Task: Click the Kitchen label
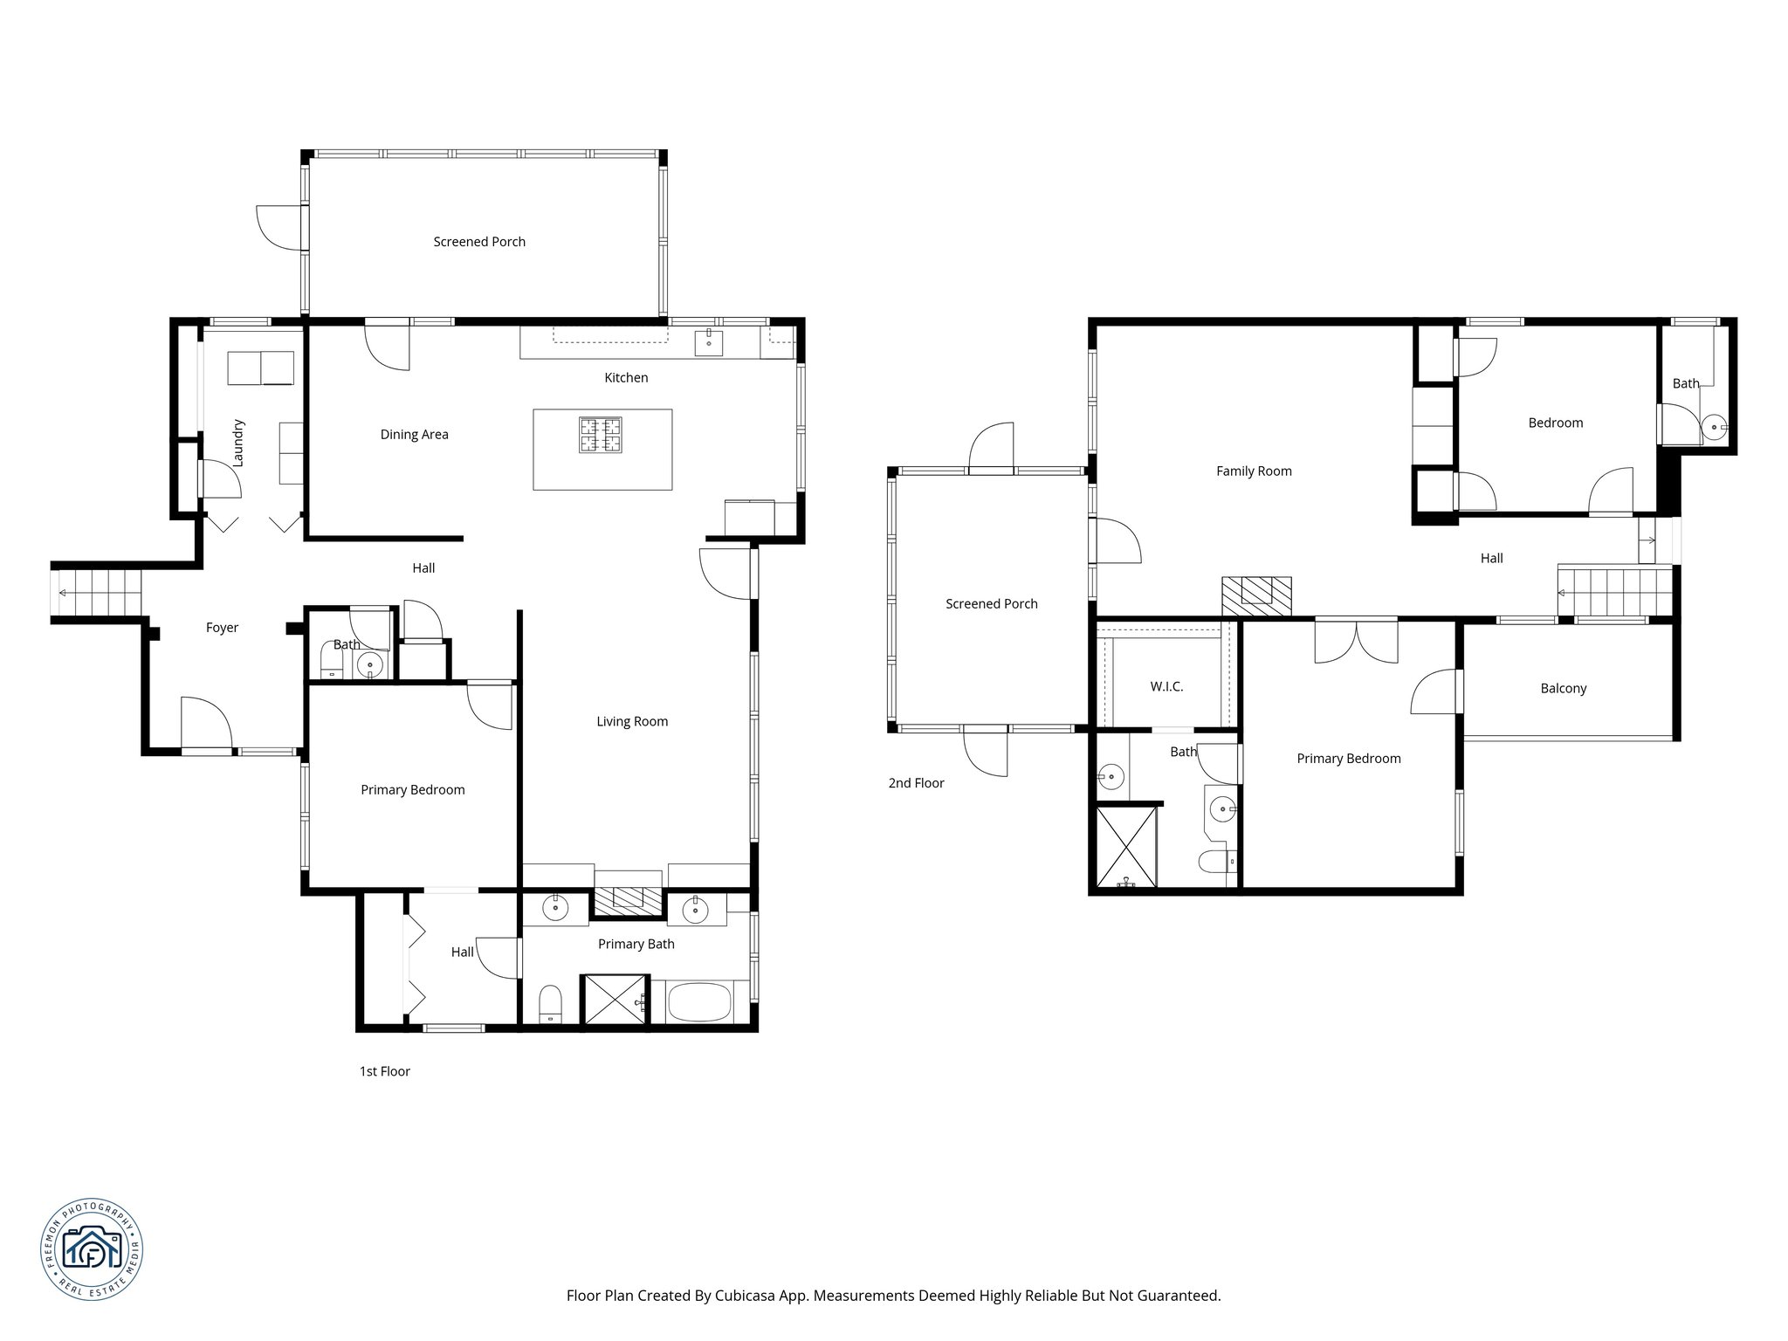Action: pyautogui.click(x=626, y=378)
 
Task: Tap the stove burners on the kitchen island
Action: pyautogui.click(x=601, y=435)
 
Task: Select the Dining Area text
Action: pyautogui.click(x=414, y=435)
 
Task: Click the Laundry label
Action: pyautogui.click(x=238, y=443)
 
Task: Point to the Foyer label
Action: pyautogui.click(x=222, y=628)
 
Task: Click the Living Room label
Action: pyautogui.click(x=632, y=722)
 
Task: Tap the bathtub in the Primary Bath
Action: pyautogui.click(x=698, y=1001)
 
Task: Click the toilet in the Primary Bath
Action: pyautogui.click(x=550, y=1004)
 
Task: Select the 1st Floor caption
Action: pyautogui.click(x=384, y=1071)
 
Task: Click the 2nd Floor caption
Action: pyautogui.click(x=916, y=783)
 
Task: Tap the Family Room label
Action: pyautogui.click(x=1254, y=471)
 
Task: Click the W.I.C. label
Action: pyautogui.click(x=1166, y=687)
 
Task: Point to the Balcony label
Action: pyautogui.click(x=1563, y=689)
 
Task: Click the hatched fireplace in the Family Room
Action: pyautogui.click(x=1256, y=597)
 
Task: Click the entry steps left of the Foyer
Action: pyautogui.click(x=96, y=593)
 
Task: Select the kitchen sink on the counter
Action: pyautogui.click(x=709, y=342)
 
